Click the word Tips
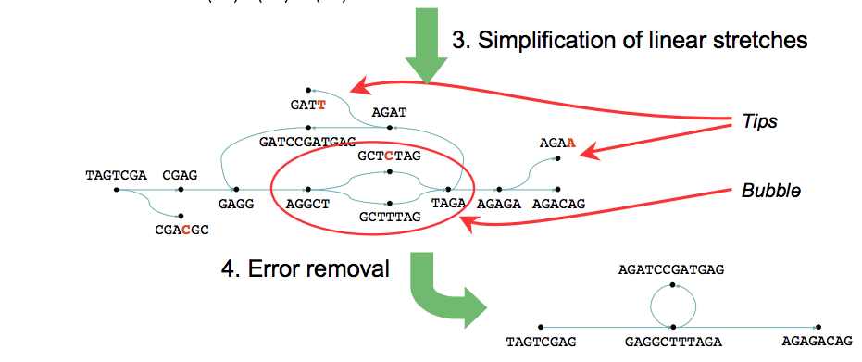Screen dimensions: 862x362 (760, 121)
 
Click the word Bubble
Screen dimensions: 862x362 (770, 191)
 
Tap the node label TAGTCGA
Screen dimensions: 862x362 (116, 176)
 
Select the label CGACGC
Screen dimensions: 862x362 (182, 231)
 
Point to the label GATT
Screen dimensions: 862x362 (308, 105)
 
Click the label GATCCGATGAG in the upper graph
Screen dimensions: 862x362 (307, 143)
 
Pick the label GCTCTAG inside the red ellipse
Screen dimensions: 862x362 (389, 156)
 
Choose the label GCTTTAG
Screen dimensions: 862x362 (390, 217)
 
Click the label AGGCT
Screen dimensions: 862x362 (307, 205)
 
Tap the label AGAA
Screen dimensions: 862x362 (557, 144)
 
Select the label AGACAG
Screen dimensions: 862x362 (558, 205)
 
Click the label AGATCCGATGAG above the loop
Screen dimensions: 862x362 (671, 269)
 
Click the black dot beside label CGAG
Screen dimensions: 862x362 (181, 190)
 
